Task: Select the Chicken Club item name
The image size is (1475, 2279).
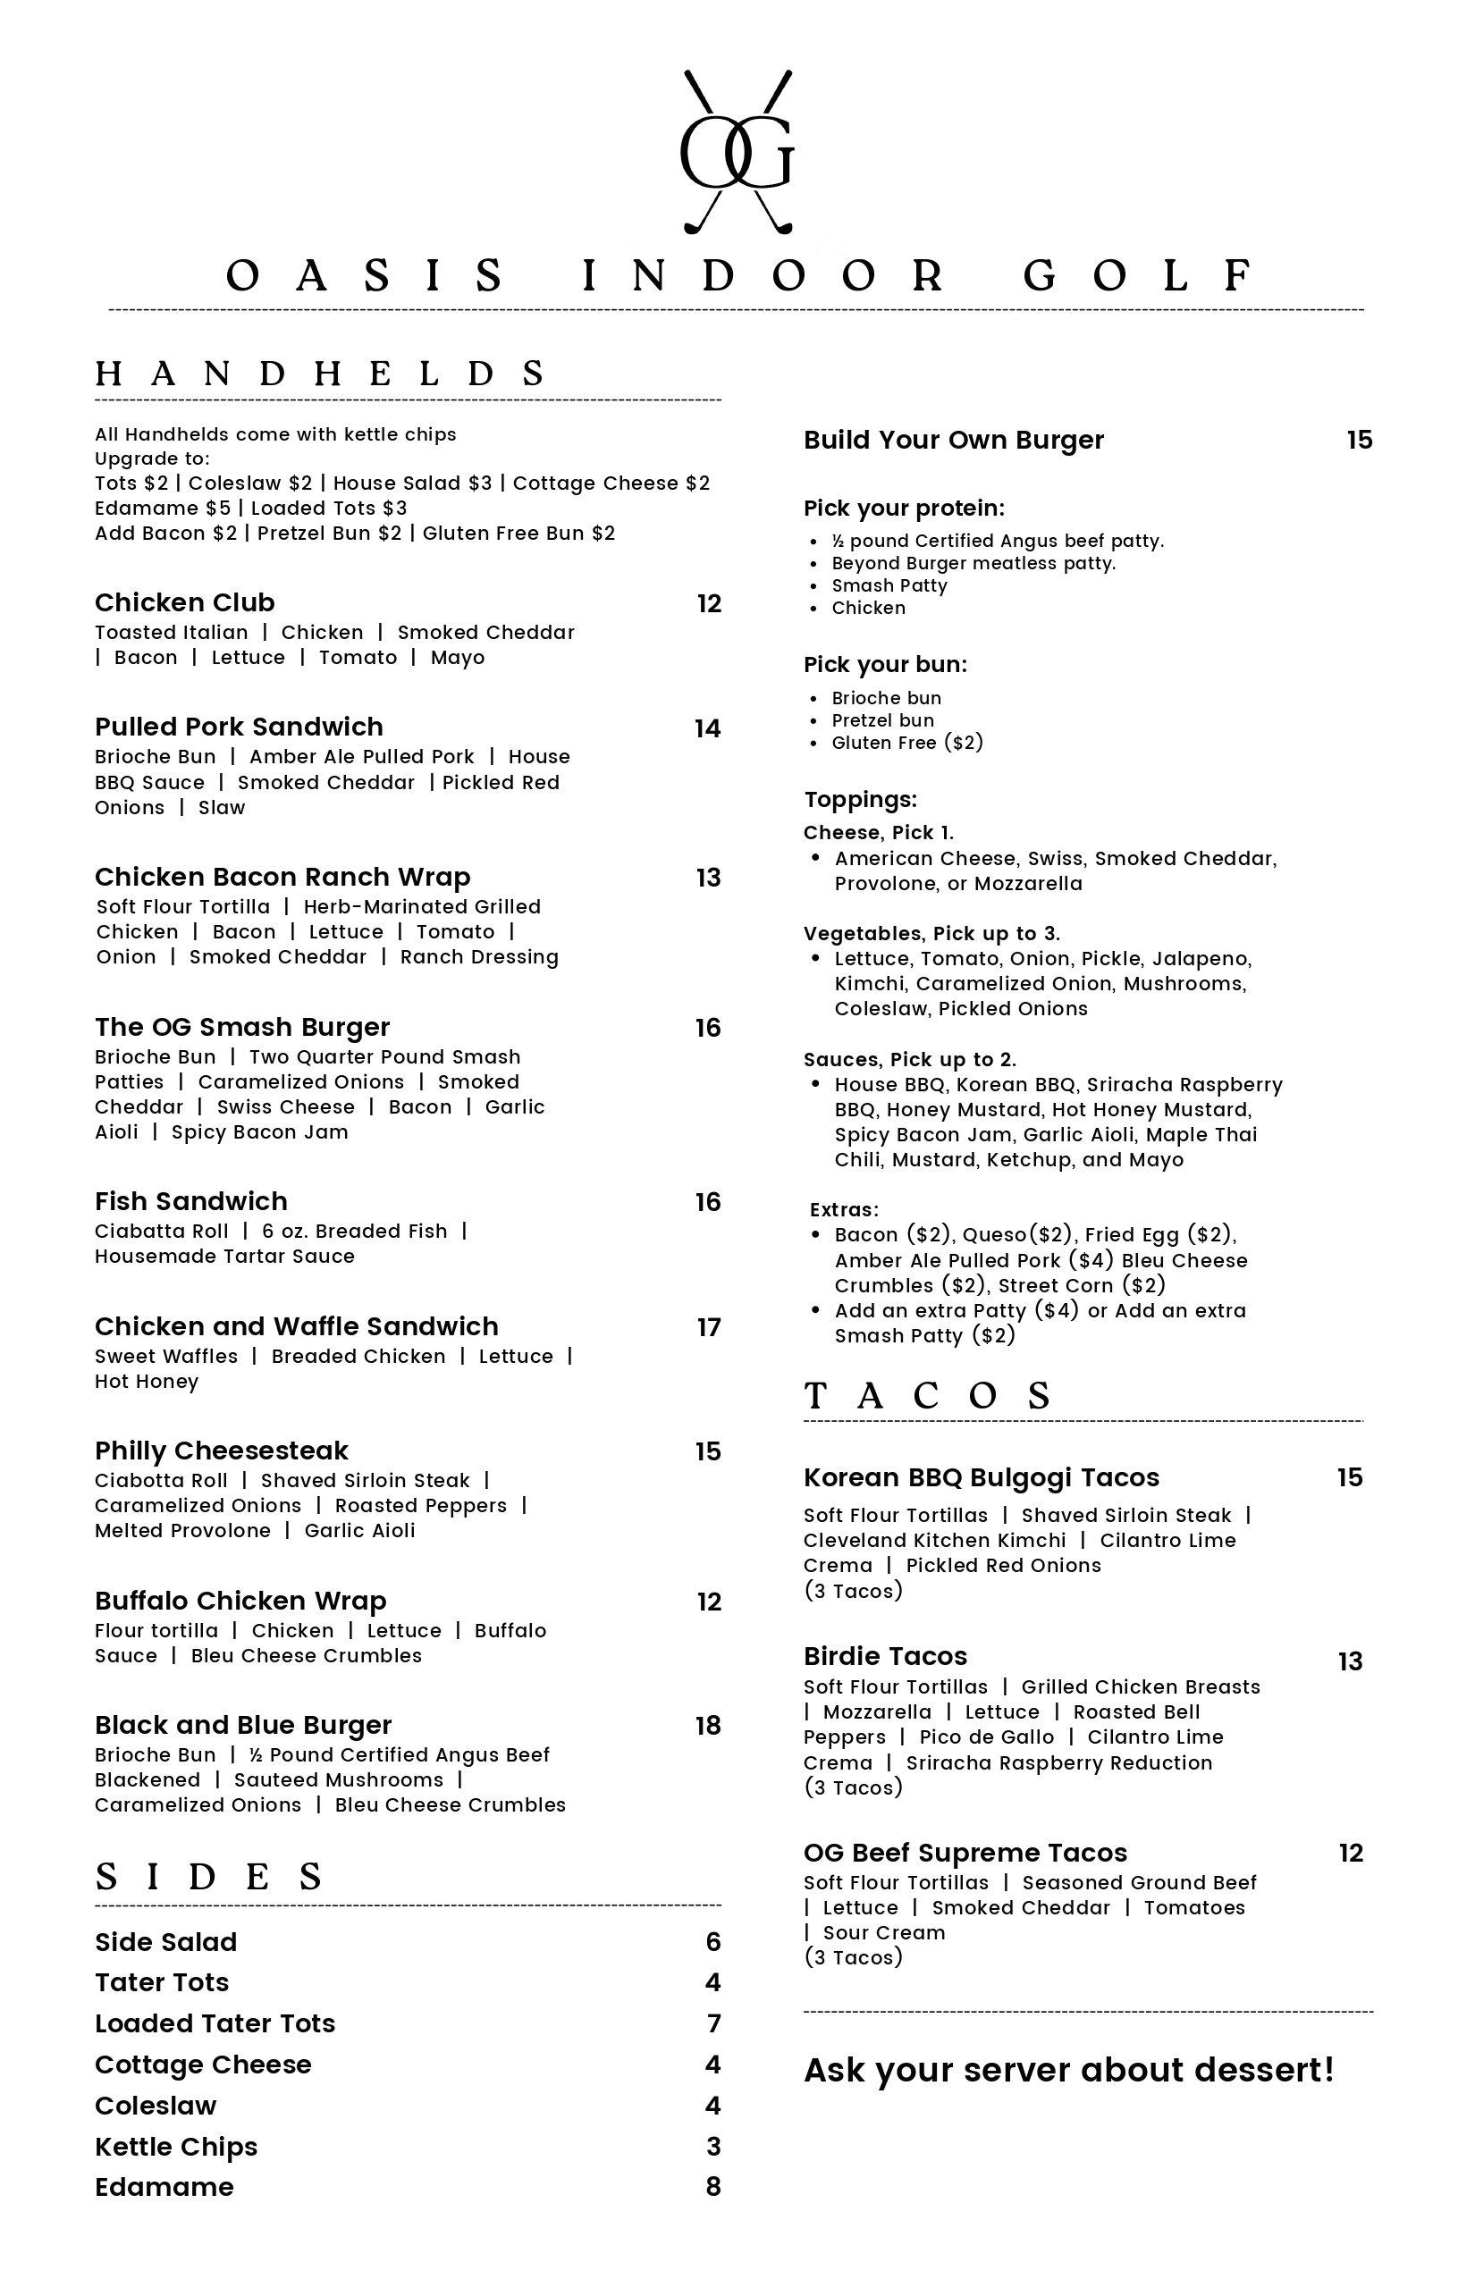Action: click(x=185, y=602)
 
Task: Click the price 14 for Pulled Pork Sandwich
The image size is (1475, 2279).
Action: click(x=708, y=728)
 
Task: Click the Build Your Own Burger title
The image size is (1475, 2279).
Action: click(x=953, y=440)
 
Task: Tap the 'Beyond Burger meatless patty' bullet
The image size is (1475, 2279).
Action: click(x=973, y=563)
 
